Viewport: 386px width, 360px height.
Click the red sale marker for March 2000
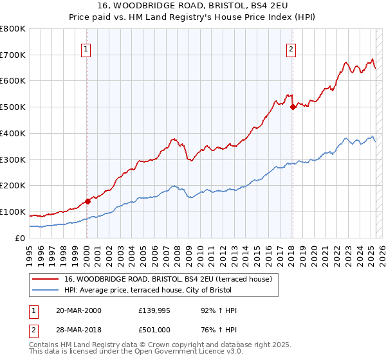(x=87, y=201)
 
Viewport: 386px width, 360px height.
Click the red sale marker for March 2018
(x=293, y=107)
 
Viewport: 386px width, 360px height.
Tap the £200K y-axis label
(x=14, y=186)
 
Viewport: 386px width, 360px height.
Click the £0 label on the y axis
(x=21, y=238)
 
